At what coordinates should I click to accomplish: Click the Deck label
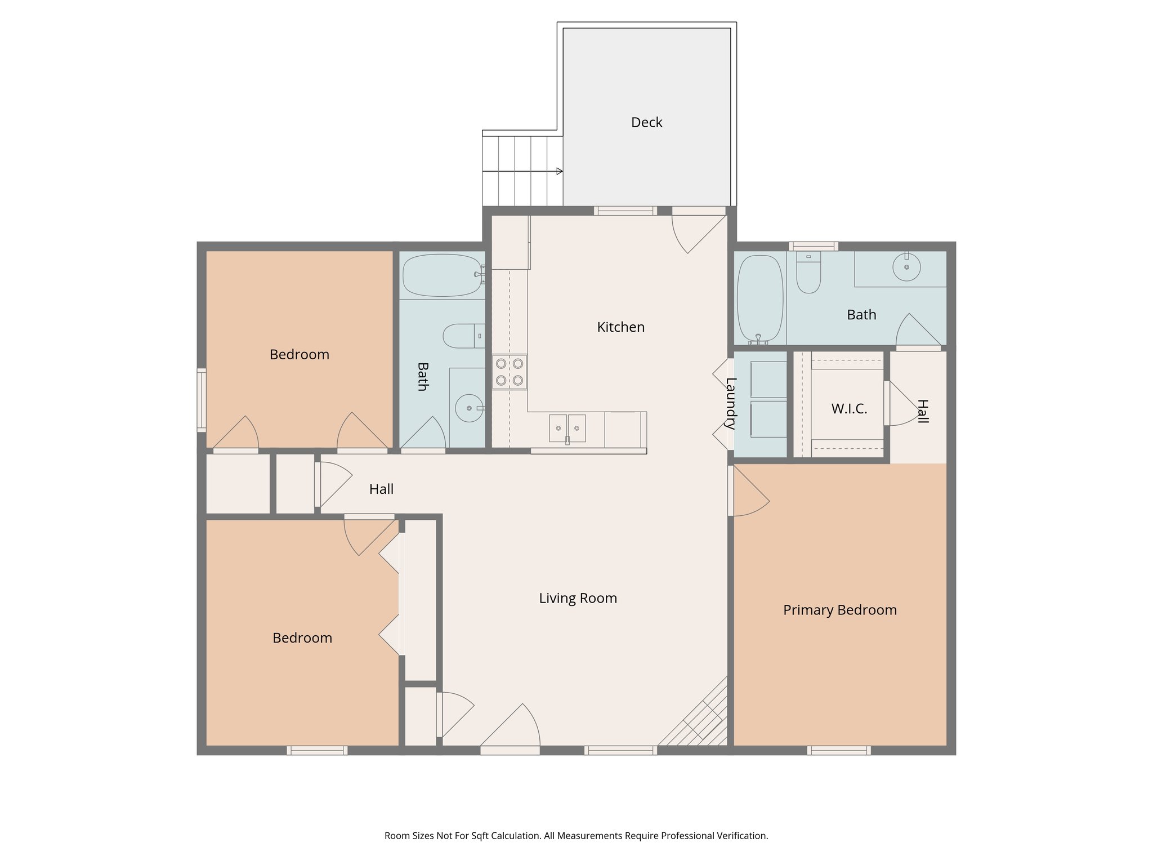tap(646, 122)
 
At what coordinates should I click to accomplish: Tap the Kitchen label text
tap(620, 327)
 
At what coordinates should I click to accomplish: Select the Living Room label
tap(578, 598)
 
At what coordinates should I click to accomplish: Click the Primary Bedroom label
tap(839, 610)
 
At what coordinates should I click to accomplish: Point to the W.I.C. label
tap(849, 409)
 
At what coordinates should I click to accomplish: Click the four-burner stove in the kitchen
tap(510, 372)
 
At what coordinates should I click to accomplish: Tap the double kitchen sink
tap(567, 429)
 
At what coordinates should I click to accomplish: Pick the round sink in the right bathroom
tap(906, 267)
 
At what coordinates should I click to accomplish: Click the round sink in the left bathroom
tap(469, 408)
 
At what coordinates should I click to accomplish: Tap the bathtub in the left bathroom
tap(443, 275)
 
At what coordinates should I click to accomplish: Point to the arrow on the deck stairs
tap(558, 171)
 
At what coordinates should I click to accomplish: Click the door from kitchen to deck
tap(698, 231)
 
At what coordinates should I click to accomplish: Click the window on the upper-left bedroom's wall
tap(201, 400)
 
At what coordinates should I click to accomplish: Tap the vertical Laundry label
tap(731, 403)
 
